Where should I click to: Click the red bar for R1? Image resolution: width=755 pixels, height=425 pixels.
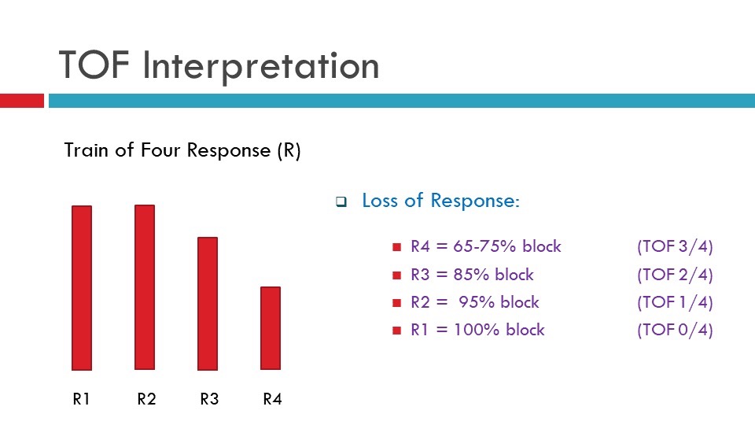[82, 288]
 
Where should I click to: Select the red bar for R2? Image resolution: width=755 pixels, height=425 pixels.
[145, 287]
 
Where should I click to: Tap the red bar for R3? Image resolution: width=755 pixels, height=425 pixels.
[208, 303]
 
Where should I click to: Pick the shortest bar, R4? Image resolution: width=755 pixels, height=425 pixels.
[271, 328]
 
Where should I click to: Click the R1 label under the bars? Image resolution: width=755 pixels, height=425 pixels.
[81, 399]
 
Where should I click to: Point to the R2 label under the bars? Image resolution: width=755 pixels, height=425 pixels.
[146, 399]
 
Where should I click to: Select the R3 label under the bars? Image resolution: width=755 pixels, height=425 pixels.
[209, 399]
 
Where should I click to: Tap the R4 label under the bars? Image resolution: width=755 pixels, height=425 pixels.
[272, 399]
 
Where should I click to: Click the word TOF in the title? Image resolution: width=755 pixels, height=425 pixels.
[95, 66]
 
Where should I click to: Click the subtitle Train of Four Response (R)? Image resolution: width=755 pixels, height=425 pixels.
[182, 150]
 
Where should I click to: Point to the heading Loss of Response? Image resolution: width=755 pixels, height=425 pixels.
[440, 201]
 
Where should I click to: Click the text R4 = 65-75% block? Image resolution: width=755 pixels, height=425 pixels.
[486, 246]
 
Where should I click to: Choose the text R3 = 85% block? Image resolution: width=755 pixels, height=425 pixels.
[472, 275]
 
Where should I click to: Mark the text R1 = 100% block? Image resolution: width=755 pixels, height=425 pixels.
[477, 330]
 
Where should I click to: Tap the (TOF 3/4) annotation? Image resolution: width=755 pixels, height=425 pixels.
[675, 246]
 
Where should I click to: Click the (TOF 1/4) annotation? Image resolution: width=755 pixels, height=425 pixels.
[675, 302]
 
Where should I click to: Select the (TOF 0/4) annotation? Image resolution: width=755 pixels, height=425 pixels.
[675, 330]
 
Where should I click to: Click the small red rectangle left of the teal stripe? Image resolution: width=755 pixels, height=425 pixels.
[22, 101]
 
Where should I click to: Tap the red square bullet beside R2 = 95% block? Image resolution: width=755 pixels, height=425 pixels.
[396, 303]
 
